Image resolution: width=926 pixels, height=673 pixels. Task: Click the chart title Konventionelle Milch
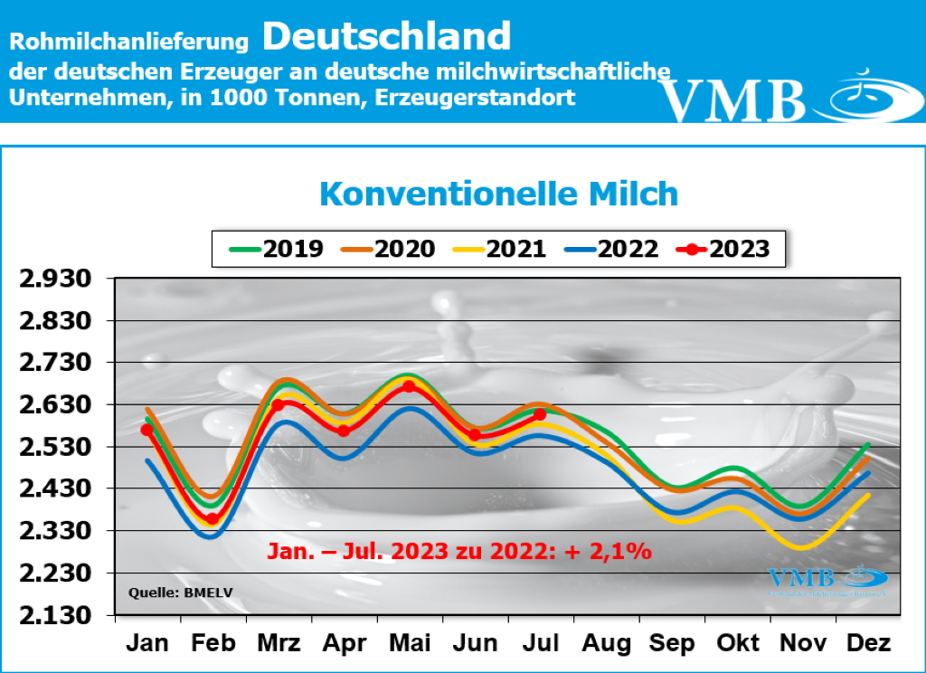498,194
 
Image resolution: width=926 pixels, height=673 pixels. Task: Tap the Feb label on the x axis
213,643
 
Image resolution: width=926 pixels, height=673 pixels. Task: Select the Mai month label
409,643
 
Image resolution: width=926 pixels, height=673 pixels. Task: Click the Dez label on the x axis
868,643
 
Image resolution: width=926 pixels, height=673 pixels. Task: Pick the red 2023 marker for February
213,519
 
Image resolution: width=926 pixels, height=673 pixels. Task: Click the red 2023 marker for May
409,386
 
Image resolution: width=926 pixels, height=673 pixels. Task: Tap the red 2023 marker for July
540,414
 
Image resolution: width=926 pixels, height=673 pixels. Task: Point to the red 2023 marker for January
147,430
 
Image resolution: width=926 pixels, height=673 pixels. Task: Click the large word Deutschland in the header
387,37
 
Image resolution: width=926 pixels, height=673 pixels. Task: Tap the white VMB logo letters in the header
732,100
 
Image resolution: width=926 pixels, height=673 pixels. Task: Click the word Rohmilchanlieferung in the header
128,41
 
